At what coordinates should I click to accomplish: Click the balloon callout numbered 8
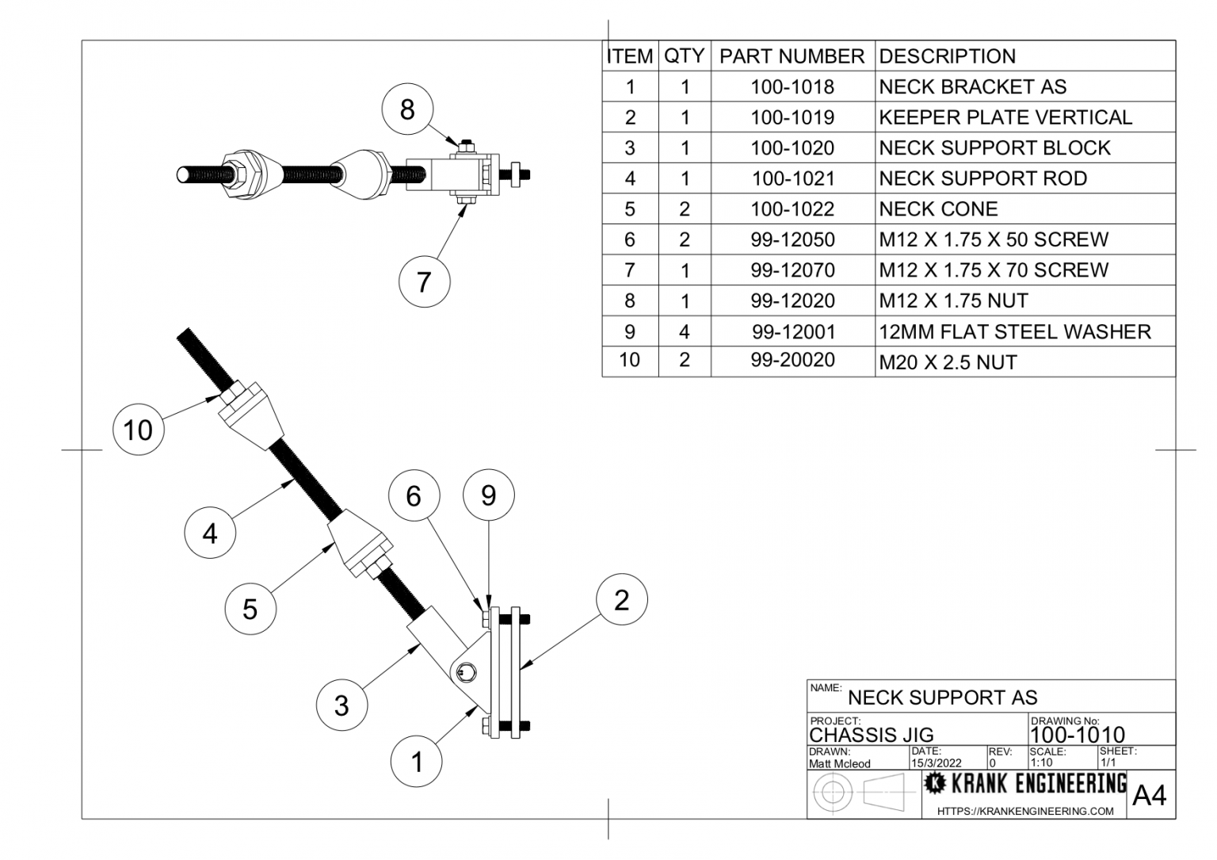(x=407, y=109)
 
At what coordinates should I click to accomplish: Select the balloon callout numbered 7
(x=424, y=281)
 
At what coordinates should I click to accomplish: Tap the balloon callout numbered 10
(x=138, y=430)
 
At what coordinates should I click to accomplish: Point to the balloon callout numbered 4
(x=210, y=533)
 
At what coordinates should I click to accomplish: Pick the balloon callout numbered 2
(x=621, y=599)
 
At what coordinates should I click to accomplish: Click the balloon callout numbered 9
(x=488, y=495)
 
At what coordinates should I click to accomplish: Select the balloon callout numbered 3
(x=341, y=705)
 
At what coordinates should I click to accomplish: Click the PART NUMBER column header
(x=792, y=56)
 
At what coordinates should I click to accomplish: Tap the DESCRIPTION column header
(x=947, y=56)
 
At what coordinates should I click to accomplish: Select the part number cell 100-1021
(x=792, y=178)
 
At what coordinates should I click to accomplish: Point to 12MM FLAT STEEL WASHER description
(x=1014, y=331)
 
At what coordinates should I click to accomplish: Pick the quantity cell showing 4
(x=685, y=331)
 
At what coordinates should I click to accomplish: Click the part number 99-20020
(x=792, y=361)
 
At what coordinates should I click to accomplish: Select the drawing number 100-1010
(x=1077, y=735)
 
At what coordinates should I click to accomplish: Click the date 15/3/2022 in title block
(x=936, y=763)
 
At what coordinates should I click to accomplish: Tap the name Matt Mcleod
(x=839, y=763)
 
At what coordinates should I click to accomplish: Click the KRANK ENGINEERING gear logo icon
(x=935, y=784)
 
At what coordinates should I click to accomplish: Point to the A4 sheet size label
(x=1149, y=795)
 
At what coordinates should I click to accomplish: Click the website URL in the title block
(x=1024, y=811)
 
